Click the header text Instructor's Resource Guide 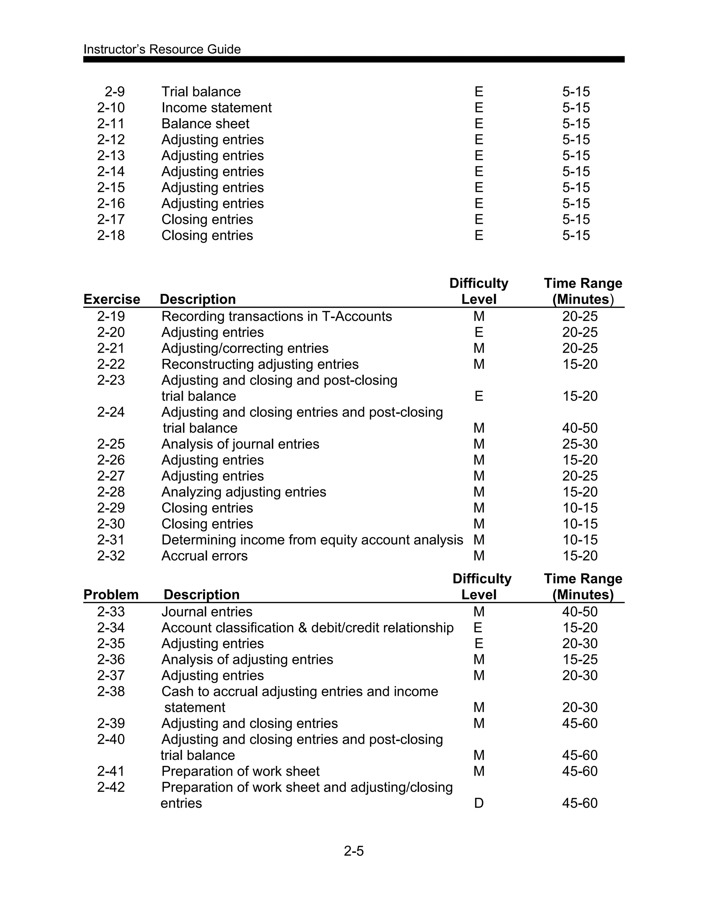162,49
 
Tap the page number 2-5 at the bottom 354,851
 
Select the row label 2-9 114,92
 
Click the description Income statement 216,108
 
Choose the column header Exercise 112,299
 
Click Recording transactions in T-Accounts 277,316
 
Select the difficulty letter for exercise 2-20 478,332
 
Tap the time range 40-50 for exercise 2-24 580,428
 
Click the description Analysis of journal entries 240,444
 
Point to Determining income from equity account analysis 312,540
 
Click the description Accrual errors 204,556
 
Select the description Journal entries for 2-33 207,611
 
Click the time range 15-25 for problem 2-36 580,659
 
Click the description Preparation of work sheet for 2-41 240,771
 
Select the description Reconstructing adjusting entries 260,364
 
